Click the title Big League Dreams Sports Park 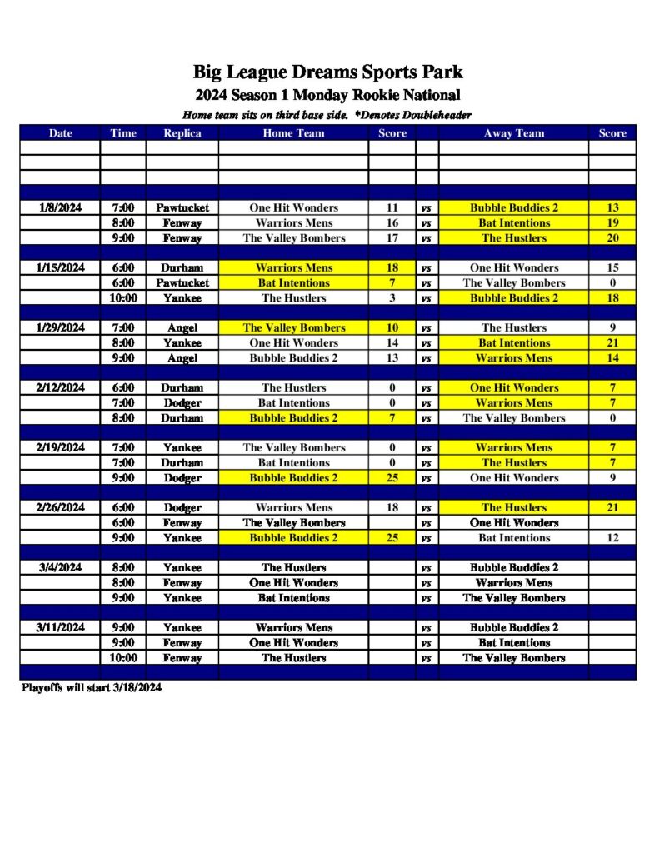tap(328, 72)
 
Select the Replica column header tap(182, 133)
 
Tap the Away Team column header tap(513, 133)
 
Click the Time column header tap(123, 133)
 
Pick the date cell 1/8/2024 tap(60, 207)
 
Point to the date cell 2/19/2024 tap(60, 447)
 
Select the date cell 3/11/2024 tap(60, 627)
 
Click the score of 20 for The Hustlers tap(612, 237)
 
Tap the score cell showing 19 tap(612, 222)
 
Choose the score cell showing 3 tap(392, 297)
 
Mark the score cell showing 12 tap(612, 537)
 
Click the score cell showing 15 tap(612, 267)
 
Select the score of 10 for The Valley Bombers tap(392, 327)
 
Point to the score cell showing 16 tap(392, 222)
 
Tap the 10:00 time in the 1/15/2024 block tap(123, 297)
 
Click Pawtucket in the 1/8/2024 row tap(182, 207)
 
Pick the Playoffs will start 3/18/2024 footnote tap(91, 688)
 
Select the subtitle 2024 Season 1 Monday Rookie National tap(328, 94)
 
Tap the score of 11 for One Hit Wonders tap(392, 207)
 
